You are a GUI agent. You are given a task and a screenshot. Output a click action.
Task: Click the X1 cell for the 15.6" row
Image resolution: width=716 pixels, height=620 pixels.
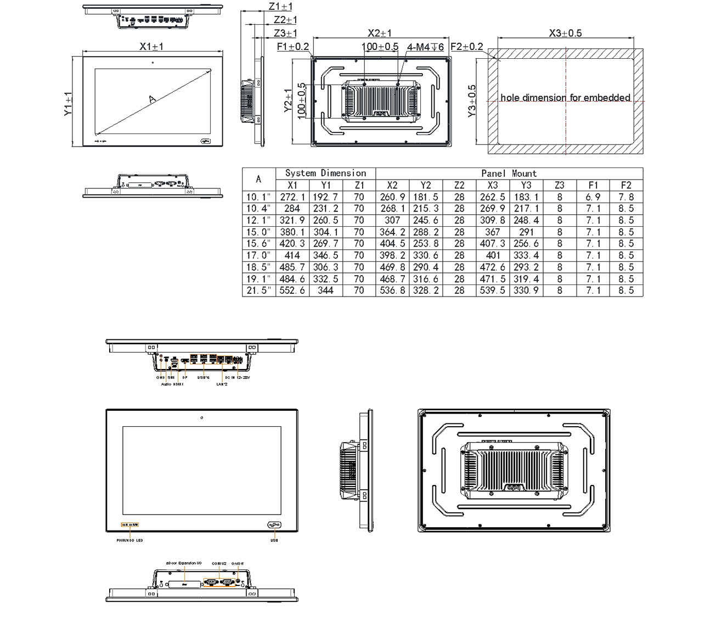(292, 244)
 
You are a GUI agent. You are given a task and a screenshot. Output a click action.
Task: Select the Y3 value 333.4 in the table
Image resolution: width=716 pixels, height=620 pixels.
(526, 255)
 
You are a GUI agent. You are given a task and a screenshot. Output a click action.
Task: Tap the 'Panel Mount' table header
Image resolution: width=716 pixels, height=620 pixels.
(509, 174)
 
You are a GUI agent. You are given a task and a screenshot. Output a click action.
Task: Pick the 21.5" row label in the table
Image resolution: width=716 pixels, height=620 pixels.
(258, 291)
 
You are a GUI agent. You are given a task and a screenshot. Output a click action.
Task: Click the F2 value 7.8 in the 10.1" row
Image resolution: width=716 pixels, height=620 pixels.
(626, 197)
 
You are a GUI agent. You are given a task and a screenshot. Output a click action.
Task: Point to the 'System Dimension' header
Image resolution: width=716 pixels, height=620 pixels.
(325, 174)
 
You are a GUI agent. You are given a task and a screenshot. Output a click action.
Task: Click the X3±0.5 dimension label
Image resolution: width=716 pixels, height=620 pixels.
(565, 33)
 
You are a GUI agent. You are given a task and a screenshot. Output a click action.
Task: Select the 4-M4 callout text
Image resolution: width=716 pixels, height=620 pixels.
(425, 47)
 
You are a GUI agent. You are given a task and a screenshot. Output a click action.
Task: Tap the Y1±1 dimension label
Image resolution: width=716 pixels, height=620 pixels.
(68, 104)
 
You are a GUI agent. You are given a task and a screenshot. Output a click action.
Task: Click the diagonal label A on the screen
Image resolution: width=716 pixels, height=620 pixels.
(152, 99)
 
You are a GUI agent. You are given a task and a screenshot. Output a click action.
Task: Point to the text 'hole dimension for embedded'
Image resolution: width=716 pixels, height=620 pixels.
(565, 98)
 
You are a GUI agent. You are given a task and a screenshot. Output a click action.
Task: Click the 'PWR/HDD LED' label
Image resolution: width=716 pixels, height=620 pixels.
(129, 541)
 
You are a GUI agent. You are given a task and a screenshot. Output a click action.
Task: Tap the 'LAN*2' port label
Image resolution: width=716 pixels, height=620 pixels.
(222, 384)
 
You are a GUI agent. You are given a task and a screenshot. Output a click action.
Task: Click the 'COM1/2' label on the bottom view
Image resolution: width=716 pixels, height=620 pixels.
(219, 563)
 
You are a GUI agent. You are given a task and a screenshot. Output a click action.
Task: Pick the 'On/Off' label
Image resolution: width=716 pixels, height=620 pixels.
(238, 563)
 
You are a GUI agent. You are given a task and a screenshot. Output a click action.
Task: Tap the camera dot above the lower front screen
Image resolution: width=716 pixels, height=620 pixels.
(202, 418)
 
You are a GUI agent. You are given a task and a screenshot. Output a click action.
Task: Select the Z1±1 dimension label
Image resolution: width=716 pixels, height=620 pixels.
(280, 7)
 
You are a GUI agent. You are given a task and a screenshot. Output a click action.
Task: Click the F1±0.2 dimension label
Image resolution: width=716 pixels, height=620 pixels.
(293, 47)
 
